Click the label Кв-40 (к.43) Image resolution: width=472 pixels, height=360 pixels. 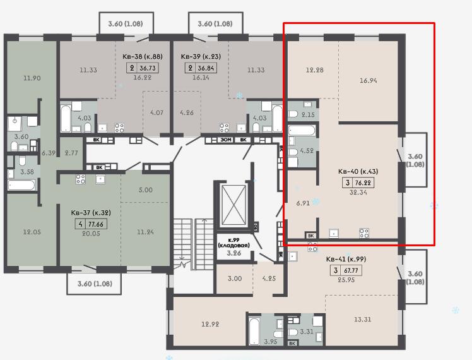point(358,171)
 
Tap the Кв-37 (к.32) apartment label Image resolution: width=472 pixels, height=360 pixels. point(91,212)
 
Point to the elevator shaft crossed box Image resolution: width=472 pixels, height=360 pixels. point(233,206)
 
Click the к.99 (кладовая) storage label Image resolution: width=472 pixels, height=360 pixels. point(234,243)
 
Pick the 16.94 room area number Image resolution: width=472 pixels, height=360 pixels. point(369,80)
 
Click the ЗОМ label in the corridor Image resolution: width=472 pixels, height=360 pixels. point(226,140)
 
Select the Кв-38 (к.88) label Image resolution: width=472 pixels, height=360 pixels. point(143,56)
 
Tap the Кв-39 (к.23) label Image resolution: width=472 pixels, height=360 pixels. point(201,56)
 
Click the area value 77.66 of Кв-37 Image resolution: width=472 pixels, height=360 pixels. point(97,224)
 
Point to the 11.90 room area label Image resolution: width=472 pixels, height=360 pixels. point(32,78)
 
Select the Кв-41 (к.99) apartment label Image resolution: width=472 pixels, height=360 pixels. point(346,259)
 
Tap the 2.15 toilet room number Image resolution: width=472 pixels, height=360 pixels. point(308,114)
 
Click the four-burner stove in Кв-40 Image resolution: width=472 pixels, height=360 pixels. point(364,233)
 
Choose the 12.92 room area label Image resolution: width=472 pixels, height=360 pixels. point(210,324)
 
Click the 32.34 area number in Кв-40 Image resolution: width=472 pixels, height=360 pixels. point(358,192)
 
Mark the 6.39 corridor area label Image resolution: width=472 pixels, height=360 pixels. point(49,153)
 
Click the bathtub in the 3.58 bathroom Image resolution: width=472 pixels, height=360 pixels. point(21,185)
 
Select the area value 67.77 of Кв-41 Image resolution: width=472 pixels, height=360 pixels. point(351,270)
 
